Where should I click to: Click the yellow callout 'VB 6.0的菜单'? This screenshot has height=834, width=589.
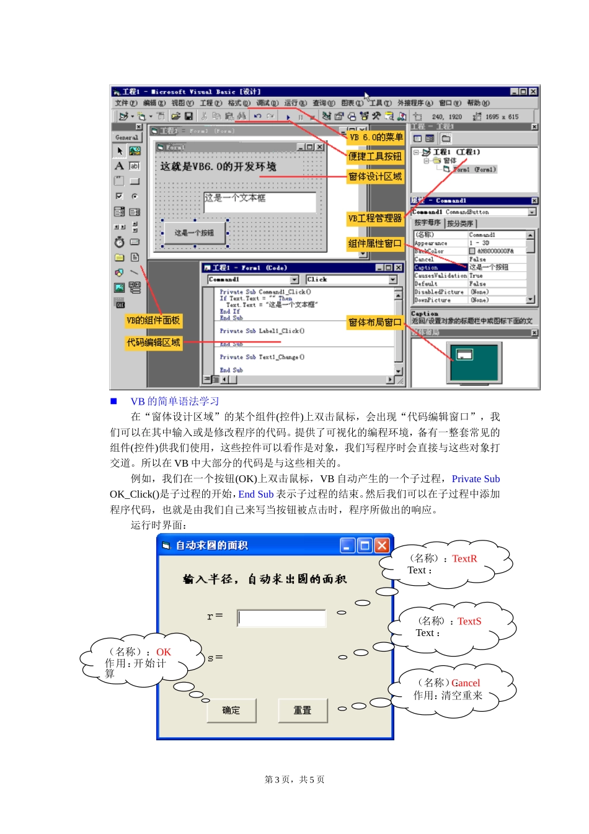[x=376, y=137]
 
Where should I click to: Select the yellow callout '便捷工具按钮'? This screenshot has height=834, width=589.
[x=375, y=157]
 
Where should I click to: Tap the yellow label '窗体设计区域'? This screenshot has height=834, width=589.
[x=375, y=177]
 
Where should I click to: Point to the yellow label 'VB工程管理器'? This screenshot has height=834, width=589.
[x=375, y=218]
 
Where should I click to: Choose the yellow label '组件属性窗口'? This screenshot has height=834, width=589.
[x=375, y=244]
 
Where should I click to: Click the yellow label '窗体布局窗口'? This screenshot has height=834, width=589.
[x=375, y=323]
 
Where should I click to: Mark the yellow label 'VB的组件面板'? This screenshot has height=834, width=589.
[x=153, y=321]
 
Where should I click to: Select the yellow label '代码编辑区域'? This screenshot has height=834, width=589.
[x=153, y=343]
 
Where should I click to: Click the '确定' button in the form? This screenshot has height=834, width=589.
[x=231, y=711]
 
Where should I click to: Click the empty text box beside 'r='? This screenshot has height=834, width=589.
[x=281, y=618]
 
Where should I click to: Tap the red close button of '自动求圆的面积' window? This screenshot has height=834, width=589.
[x=382, y=545]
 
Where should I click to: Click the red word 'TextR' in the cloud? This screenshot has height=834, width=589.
[x=464, y=558]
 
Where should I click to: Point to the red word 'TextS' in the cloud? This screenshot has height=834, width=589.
[x=469, y=621]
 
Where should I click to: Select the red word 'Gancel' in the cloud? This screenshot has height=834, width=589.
[x=466, y=683]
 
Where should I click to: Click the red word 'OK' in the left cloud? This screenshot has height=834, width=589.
[x=164, y=652]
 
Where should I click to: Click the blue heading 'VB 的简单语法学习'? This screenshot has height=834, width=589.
[x=175, y=401]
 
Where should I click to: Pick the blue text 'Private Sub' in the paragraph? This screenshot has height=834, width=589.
[x=476, y=479]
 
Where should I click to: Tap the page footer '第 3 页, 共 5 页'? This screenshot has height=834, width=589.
[x=294, y=779]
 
